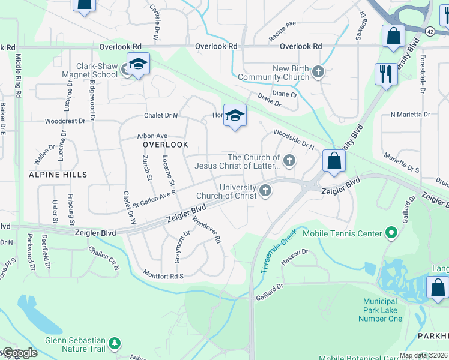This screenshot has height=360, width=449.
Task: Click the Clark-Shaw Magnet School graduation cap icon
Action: click(138, 65)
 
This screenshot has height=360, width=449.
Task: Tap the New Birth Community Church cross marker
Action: click(318, 73)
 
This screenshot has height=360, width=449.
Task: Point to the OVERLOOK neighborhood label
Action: click(166, 145)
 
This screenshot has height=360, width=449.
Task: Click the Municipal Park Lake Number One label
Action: click(381, 310)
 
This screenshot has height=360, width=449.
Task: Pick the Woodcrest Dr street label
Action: click(65, 121)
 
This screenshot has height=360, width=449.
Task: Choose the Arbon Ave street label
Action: click(152, 136)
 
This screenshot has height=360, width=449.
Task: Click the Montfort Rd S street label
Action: click(163, 275)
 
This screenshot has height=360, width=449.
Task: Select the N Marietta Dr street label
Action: click(410, 114)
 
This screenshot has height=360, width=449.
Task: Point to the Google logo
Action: click(20, 353)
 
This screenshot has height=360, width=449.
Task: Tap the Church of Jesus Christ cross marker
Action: click(290, 160)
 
